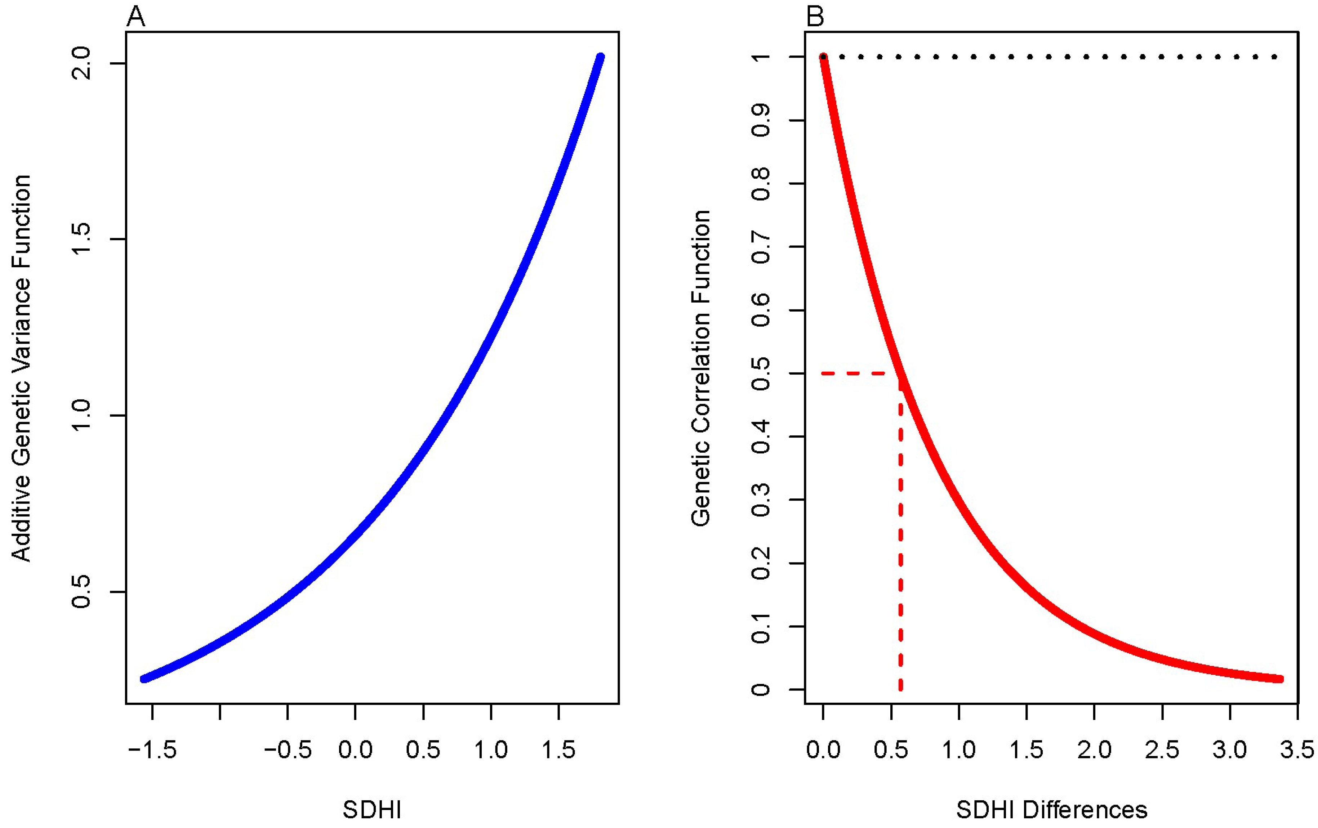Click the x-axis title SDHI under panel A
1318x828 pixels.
pos(372,809)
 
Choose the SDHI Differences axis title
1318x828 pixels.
pos(1051,809)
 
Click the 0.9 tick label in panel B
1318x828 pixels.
pos(761,120)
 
